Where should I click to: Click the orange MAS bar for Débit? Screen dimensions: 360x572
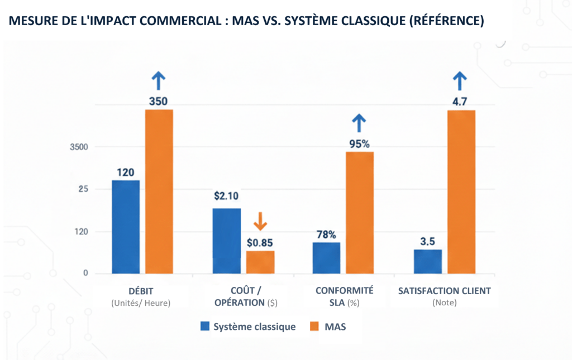[159, 191]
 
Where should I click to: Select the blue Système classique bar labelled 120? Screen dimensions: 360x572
[126, 227]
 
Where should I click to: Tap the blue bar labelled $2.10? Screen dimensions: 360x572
[227, 241]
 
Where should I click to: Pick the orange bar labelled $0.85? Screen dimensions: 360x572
[260, 262]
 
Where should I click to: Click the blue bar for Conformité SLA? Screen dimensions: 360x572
[326, 257]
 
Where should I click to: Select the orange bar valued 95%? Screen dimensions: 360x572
[360, 213]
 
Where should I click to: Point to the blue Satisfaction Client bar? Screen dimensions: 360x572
[428, 261]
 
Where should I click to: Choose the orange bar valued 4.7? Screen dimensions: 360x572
[461, 191]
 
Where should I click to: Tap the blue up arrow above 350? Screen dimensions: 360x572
[159, 81]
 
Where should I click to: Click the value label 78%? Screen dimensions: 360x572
[326, 234]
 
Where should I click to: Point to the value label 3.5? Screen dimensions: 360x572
[428, 242]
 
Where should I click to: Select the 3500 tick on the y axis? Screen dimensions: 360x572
[78, 147]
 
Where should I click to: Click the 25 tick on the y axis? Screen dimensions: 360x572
[83, 189]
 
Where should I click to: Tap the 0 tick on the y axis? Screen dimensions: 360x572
[86, 273]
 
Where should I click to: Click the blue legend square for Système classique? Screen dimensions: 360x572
[205, 327]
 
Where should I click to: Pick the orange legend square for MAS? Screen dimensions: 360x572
[314, 327]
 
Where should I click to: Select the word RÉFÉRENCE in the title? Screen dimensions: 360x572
[444, 21]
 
